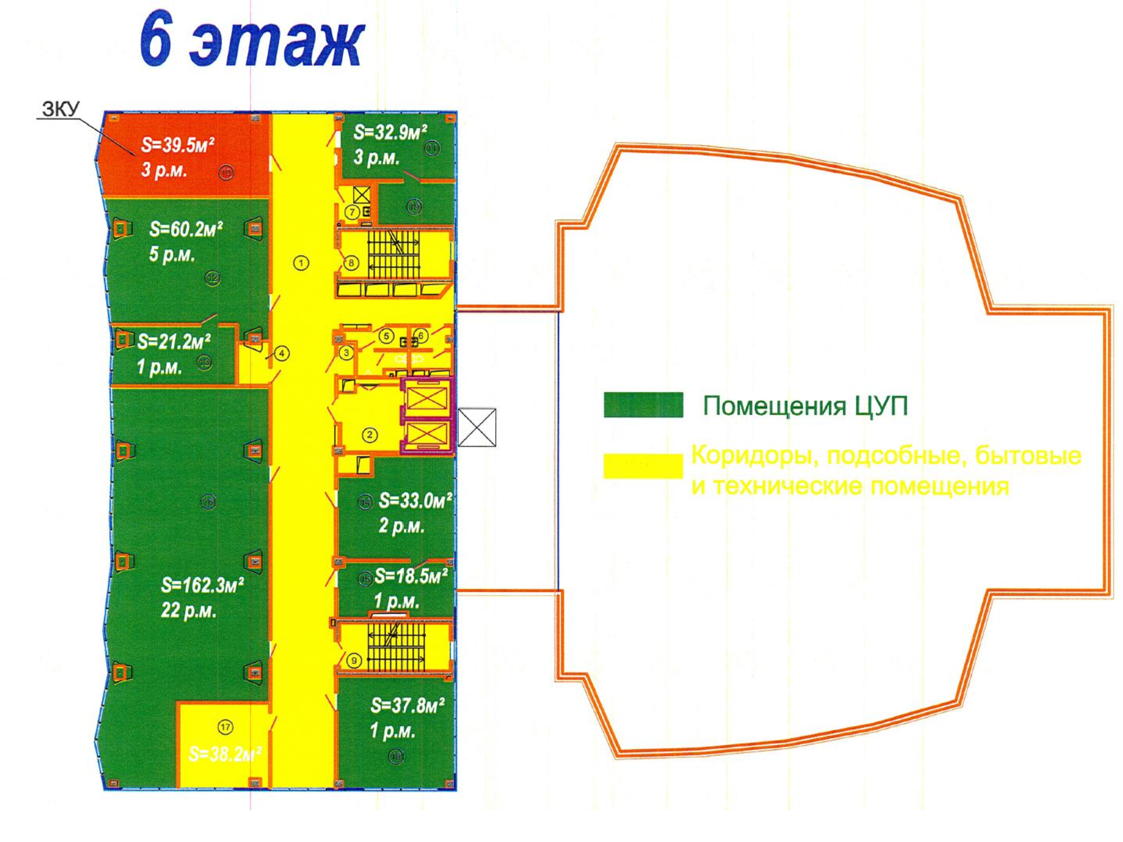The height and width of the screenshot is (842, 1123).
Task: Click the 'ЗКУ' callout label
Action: (61, 109)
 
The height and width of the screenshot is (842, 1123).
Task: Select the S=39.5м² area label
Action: (177, 145)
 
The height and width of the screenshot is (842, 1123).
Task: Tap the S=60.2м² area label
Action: (186, 229)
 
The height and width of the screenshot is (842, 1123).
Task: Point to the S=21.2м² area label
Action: (174, 341)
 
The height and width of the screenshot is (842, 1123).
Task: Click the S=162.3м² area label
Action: (202, 585)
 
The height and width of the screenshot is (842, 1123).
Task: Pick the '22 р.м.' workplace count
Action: (189, 610)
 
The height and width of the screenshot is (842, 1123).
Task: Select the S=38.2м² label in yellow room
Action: (225, 754)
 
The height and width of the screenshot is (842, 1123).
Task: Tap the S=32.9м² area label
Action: (390, 132)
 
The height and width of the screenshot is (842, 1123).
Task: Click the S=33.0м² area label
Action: (416, 500)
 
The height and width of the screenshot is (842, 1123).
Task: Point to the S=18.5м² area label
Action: (411, 576)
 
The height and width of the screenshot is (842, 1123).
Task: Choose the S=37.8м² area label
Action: (408, 706)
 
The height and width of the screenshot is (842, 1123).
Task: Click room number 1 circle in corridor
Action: (301, 263)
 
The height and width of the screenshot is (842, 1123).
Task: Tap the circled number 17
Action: (225, 727)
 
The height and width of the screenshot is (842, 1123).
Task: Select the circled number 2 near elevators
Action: (369, 434)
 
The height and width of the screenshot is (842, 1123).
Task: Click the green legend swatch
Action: (643, 405)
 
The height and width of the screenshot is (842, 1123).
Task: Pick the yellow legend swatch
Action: (643, 466)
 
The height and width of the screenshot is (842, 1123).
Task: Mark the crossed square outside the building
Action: (477, 427)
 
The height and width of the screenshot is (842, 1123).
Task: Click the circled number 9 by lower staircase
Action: (354, 661)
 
